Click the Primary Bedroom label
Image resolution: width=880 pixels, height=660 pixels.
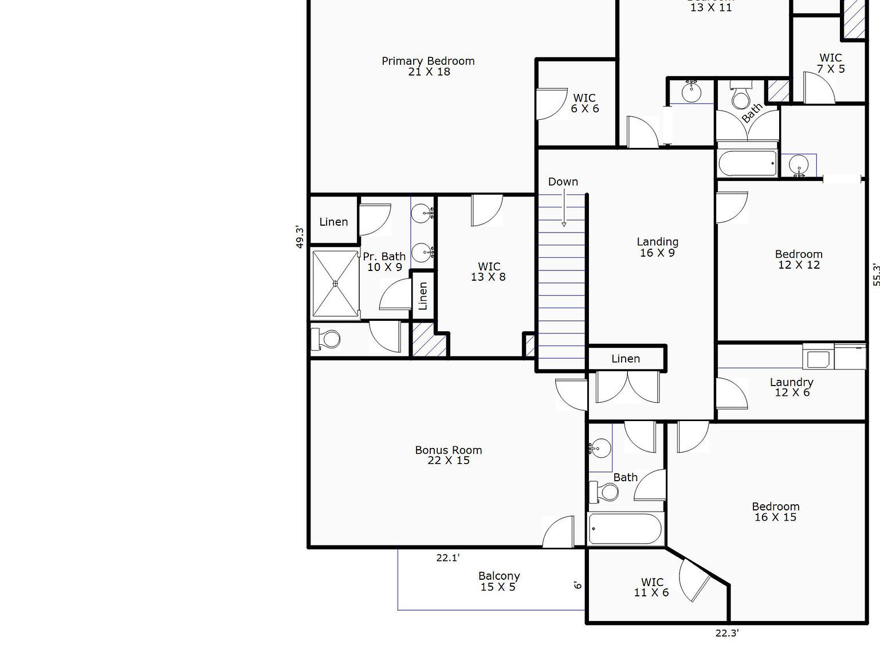429,66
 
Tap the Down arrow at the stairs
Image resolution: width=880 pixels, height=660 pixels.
564,209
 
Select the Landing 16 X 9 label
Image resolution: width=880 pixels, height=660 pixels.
657,247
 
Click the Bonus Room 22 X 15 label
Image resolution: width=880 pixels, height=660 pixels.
449,455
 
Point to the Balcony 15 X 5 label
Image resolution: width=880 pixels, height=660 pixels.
498,582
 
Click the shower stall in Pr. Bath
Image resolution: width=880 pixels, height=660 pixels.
335,284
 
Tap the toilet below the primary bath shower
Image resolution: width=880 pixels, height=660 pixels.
326,339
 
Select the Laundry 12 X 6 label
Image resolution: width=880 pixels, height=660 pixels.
792,387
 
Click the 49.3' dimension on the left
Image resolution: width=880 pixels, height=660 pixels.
300,237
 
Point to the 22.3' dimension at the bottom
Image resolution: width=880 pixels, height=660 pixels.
726,633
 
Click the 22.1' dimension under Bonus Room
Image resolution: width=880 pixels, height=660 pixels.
447,557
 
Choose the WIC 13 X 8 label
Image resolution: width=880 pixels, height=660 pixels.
489,272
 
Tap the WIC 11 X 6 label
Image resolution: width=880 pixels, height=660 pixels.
651,587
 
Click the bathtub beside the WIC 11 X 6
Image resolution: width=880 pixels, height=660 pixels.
626,528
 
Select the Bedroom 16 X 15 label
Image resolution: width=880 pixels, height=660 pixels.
775,512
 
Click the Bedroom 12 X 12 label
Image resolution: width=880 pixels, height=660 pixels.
799,260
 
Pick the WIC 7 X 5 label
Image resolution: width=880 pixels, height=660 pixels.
830,63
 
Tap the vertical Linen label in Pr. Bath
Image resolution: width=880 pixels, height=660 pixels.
423,296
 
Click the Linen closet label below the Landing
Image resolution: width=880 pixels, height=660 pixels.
626,359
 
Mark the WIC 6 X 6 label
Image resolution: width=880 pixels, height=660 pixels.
584,103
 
